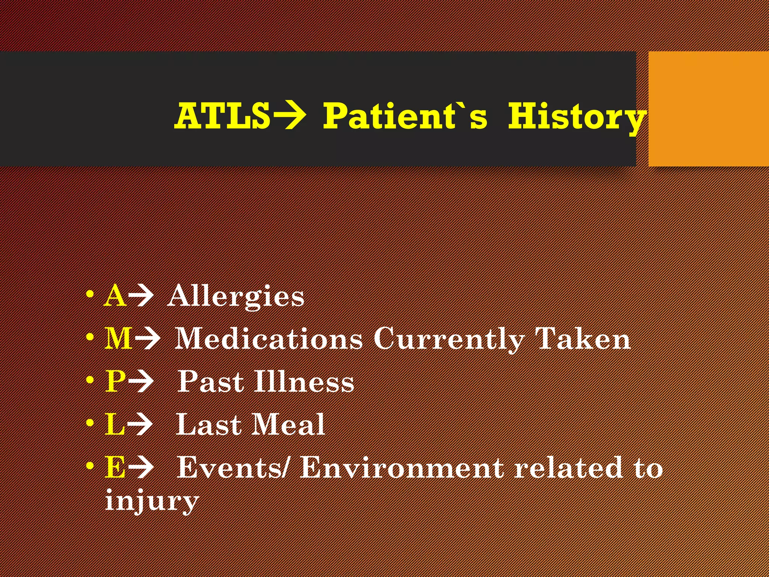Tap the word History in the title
click(577, 117)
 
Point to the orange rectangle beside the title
click(708, 109)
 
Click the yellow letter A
click(115, 296)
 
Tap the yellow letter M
click(118, 338)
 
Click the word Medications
click(268, 338)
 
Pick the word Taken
click(582, 338)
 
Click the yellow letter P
click(115, 381)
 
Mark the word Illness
click(304, 381)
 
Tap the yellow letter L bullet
click(114, 424)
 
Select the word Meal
click(288, 424)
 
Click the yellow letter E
click(115, 467)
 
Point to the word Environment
click(402, 467)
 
